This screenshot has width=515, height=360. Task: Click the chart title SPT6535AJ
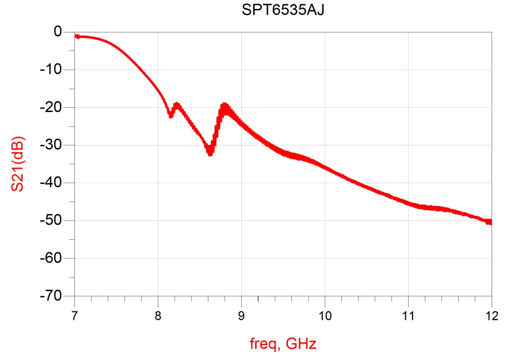tap(283, 10)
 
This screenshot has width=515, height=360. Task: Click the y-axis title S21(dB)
tap(18, 164)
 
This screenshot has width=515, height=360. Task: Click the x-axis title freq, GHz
tap(283, 343)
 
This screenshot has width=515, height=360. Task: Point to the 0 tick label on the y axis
tap(58, 32)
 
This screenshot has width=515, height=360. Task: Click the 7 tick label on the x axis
tap(75, 315)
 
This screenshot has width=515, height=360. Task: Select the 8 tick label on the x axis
tap(158, 315)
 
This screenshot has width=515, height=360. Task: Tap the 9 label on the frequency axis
tap(241, 315)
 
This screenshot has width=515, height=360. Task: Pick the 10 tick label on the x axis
tap(325, 315)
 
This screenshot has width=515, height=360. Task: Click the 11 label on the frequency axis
tap(408, 315)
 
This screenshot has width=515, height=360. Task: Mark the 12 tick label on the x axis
tap(491, 315)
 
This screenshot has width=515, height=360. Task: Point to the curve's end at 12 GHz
tap(491, 222)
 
